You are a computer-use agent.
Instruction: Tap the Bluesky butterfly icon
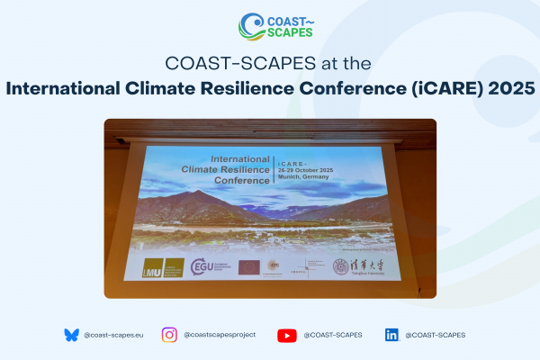(x=71, y=335)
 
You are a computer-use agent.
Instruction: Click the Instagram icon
(x=169, y=335)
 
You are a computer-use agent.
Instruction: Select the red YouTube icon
(x=287, y=335)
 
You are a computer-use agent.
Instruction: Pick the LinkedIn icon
(x=391, y=335)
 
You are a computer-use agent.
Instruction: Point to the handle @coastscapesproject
(x=220, y=335)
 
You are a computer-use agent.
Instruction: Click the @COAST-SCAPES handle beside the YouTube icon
(x=332, y=335)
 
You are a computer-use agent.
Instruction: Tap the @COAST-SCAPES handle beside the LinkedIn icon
(x=436, y=335)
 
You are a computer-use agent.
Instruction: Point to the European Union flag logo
(x=249, y=266)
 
